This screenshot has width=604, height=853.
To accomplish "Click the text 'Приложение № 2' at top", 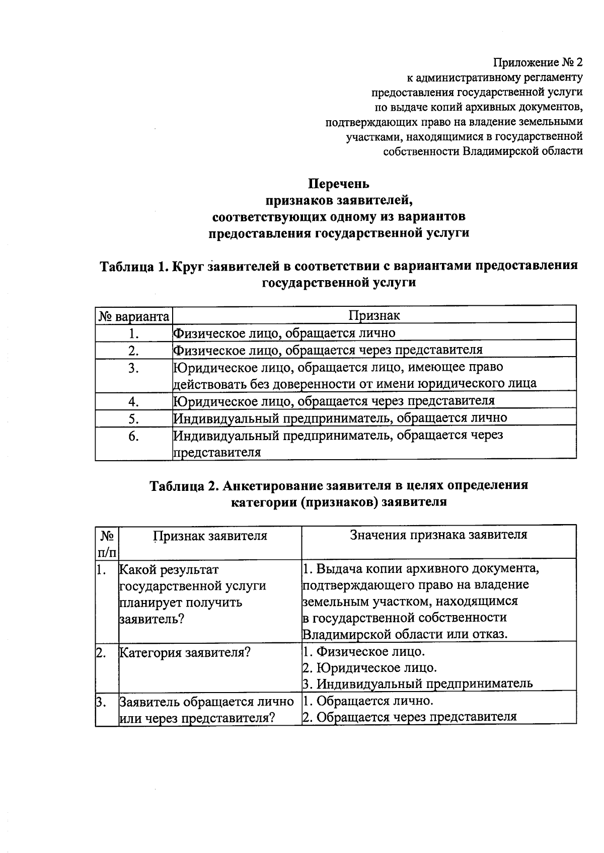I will point(537,63).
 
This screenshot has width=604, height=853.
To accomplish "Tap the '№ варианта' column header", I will point(133,316).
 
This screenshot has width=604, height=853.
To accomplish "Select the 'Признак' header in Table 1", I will point(374,315).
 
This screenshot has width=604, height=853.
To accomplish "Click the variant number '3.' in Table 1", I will point(133,368).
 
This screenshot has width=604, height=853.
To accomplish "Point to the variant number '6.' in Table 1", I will point(133,436).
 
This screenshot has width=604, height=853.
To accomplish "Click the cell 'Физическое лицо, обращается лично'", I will point(284,333).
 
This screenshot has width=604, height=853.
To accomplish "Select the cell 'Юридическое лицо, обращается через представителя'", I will point(334,401).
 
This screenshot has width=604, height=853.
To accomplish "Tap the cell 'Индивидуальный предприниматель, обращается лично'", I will point(340,418).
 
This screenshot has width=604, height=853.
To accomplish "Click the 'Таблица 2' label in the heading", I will point(184,485).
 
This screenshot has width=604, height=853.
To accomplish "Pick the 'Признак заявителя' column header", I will point(210,536).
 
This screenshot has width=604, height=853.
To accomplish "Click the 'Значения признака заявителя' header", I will point(438,535).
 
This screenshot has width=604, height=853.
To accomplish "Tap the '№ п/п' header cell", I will point(106,543).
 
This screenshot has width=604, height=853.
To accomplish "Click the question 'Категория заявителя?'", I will point(185,653).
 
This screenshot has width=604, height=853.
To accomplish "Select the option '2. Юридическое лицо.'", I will point(369,668).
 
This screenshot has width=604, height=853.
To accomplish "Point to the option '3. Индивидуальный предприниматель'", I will point(417,684).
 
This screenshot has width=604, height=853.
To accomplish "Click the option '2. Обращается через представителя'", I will point(409,717).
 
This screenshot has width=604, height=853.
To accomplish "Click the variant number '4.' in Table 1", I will point(133,401).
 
